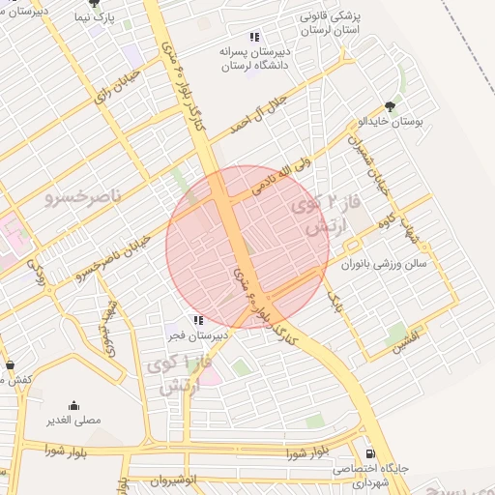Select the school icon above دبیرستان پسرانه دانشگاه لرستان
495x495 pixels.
[254, 38]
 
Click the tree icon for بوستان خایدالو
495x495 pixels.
[391, 107]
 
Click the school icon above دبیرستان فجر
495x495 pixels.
[198, 320]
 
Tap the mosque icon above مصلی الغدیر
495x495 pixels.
[74, 406]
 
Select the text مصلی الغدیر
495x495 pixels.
[74, 421]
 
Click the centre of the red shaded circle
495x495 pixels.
[247, 247]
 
